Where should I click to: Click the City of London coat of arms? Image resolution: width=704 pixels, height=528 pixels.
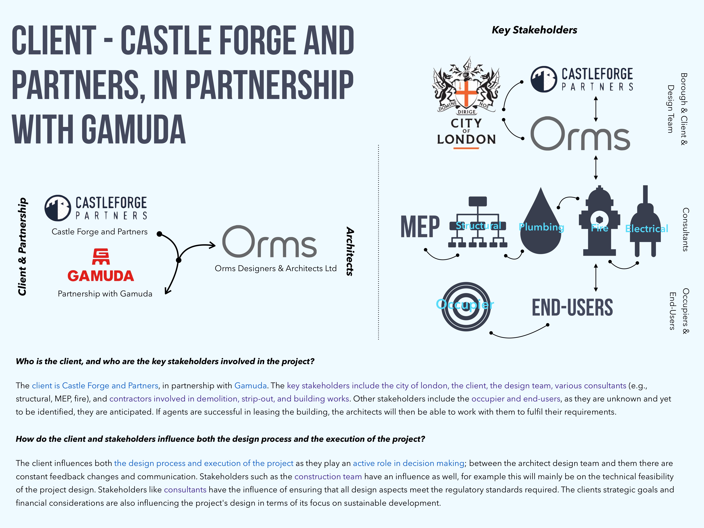tap(466, 86)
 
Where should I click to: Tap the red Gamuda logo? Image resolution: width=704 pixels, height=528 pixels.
tap(101, 265)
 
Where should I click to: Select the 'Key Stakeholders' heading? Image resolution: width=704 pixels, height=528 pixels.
tap(534, 30)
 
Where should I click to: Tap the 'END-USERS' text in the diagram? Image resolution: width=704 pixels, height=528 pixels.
tap(572, 307)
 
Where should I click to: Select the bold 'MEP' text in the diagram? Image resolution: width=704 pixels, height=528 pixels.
tap(420, 227)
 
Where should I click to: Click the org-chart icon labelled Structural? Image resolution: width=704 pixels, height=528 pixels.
tap(477, 222)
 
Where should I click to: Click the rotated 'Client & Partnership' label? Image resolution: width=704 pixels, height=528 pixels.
tap(22, 247)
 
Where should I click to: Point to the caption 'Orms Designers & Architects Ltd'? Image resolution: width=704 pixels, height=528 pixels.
tap(276, 268)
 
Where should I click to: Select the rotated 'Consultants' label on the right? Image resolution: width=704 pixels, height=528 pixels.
tap(686, 229)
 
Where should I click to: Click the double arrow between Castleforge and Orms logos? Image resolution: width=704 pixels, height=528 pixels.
tap(596, 109)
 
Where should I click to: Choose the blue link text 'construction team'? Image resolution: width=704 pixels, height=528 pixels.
tap(328, 476)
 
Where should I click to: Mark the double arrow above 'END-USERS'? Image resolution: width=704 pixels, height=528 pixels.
tap(596, 277)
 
